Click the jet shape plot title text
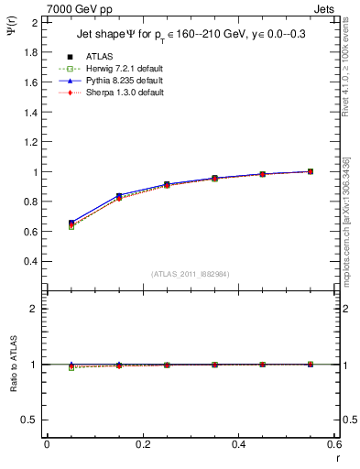click(191, 36)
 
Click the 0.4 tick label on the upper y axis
click(32, 261)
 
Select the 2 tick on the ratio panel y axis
click(36, 309)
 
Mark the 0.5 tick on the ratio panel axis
click(32, 420)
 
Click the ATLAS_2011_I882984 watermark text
click(190, 274)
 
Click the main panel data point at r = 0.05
click(71, 224)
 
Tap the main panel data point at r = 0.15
click(118, 197)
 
